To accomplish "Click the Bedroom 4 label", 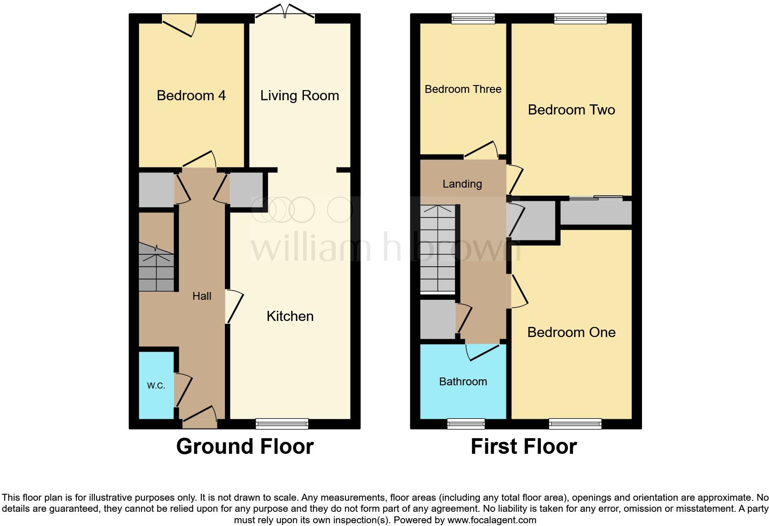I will pyautogui.click(x=191, y=96).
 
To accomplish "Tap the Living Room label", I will pyautogui.click(x=299, y=96).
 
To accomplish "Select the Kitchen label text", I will pyautogui.click(x=290, y=316).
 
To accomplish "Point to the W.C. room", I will pyautogui.click(x=156, y=385).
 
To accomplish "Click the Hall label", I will pyautogui.click(x=201, y=296).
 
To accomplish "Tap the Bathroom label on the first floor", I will pyautogui.click(x=463, y=382).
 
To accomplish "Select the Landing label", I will pyautogui.click(x=462, y=184).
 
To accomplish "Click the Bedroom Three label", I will pyautogui.click(x=463, y=89).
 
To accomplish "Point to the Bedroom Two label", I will pyautogui.click(x=571, y=110).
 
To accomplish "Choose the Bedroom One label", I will pyautogui.click(x=571, y=332).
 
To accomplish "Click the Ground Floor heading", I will pyautogui.click(x=245, y=446).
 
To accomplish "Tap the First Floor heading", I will pyautogui.click(x=523, y=446).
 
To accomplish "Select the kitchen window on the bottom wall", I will pyautogui.click(x=282, y=423).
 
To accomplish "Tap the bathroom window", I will pyautogui.click(x=466, y=423).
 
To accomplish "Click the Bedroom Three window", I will pyautogui.click(x=473, y=18).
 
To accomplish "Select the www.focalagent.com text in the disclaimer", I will pyautogui.click(x=491, y=520).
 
